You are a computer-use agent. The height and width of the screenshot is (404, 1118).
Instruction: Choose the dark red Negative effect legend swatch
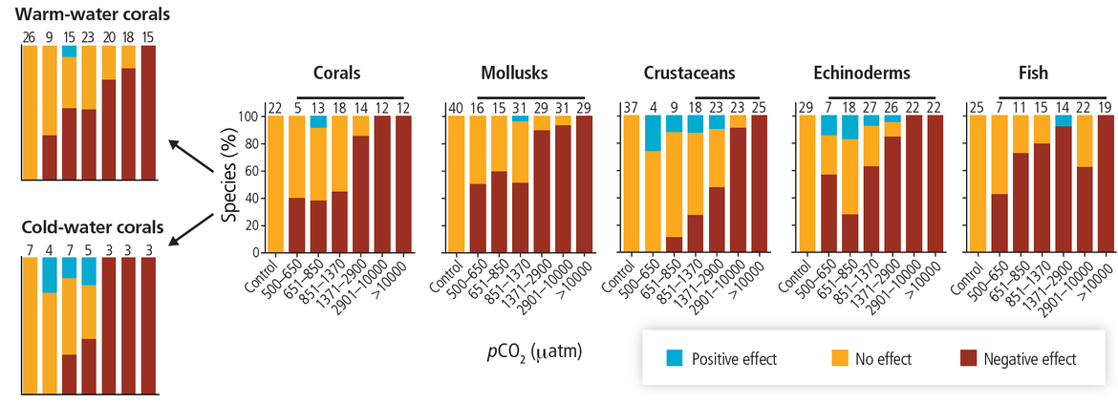968,359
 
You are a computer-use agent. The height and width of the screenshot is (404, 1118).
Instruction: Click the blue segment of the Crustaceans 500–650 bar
654,133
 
